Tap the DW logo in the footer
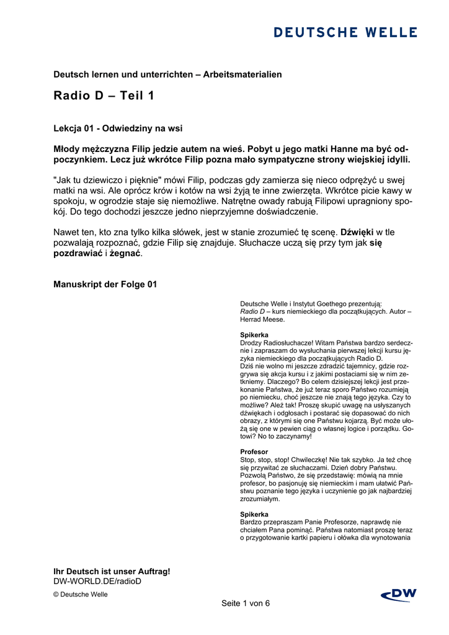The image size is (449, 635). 398,595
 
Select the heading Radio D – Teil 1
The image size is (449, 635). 104,95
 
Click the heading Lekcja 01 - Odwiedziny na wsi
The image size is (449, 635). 118,128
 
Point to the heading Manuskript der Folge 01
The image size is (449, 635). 105,285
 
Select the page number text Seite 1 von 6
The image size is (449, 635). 246,603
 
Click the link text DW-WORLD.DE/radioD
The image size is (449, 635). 97,581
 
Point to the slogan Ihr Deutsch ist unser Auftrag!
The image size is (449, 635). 112,571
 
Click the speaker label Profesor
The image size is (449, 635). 254,451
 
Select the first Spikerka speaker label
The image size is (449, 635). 254,335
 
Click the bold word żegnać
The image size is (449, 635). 126,254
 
